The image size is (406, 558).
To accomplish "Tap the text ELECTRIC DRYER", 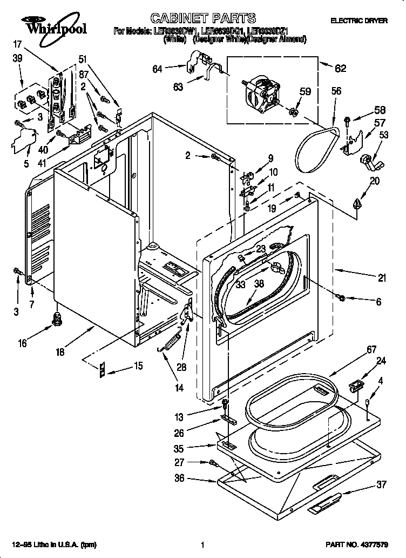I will (x=358, y=21).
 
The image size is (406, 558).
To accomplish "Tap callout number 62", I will (x=340, y=68).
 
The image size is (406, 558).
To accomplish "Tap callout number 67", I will (x=371, y=350).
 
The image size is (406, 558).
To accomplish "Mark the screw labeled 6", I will (x=342, y=297).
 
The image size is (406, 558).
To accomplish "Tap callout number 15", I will (x=138, y=366).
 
